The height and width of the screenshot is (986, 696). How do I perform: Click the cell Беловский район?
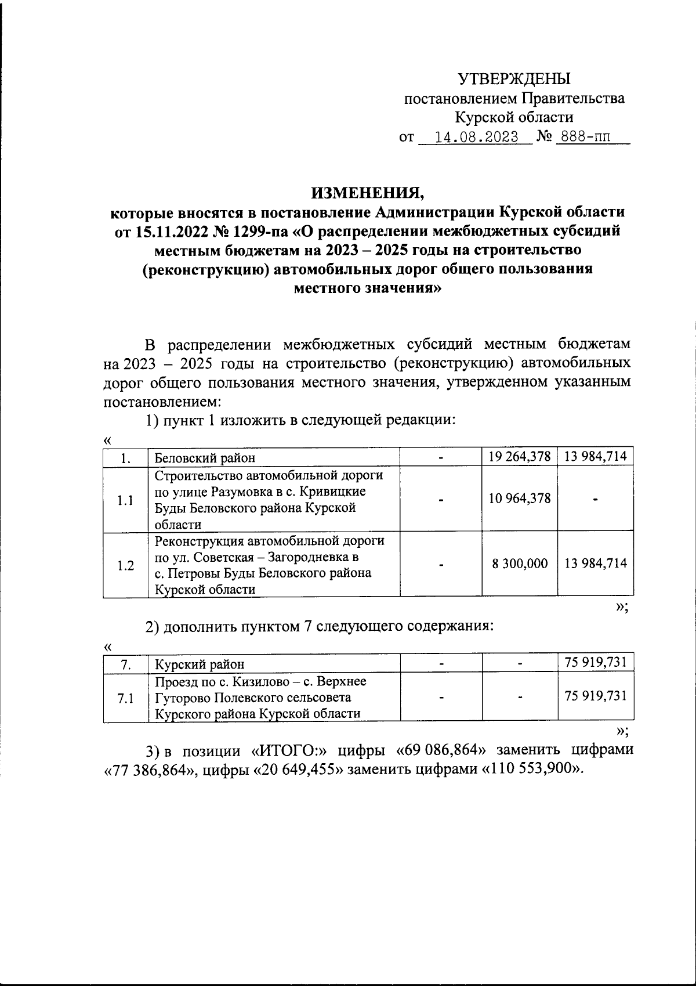[x=205, y=458]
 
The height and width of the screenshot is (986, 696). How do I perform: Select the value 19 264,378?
[x=519, y=457]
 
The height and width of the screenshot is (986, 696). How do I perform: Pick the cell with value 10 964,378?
[x=519, y=499]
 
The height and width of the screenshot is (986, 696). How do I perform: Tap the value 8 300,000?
[x=520, y=564]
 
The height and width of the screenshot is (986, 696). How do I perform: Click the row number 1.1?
[x=125, y=500]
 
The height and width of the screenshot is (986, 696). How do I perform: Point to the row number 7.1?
[x=125, y=699]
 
